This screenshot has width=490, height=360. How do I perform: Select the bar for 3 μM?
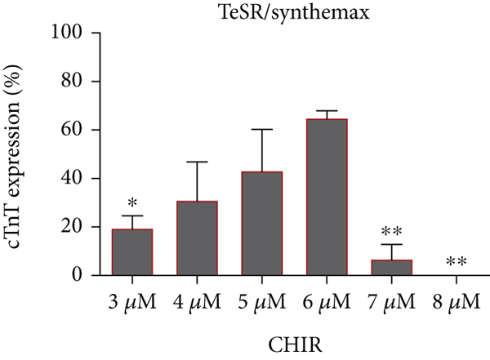point(131,252)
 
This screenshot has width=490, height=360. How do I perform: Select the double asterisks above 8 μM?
point(455,263)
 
